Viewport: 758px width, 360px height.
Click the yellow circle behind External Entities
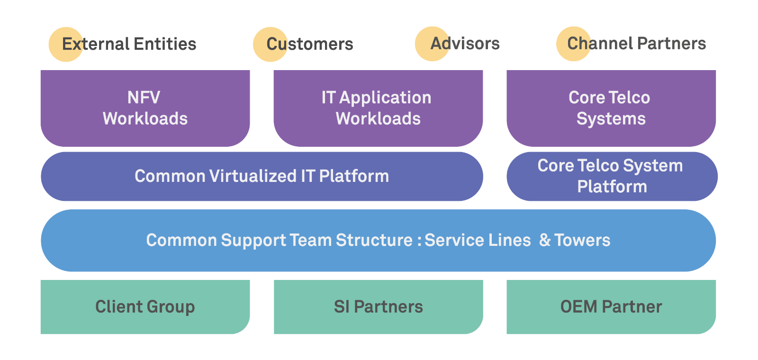(x=66, y=44)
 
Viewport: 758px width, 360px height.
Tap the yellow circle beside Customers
(x=270, y=44)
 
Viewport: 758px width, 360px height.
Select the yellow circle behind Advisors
(x=432, y=44)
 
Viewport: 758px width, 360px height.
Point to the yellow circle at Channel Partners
(x=573, y=44)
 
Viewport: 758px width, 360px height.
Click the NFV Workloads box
(x=145, y=108)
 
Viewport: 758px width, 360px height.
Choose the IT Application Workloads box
(x=378, y=108)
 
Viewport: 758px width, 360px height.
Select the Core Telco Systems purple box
(x=611, y=108)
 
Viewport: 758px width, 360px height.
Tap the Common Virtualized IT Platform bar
(x=262, y=176)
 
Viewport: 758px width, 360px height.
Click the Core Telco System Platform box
(x=612, y=176)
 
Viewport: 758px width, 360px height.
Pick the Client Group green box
(x=145, y=307)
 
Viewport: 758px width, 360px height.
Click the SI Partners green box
(x=378, y=307)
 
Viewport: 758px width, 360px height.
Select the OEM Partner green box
(x=611, y=307)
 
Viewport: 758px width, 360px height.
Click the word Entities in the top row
(x=165, y=44)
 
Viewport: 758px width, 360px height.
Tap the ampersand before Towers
(x=545, y=240)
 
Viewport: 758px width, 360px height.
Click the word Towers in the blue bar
(x=582, y=240)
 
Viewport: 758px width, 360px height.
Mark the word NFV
(x=144, y=98)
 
